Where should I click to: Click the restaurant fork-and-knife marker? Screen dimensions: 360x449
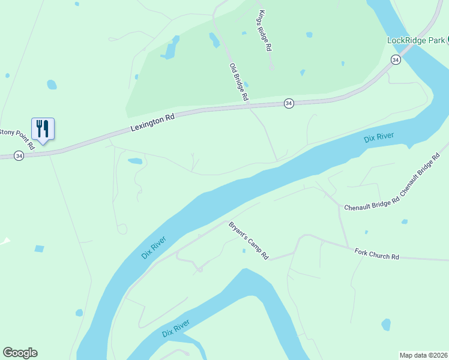(x=43, y=128)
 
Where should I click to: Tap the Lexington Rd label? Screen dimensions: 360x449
(x=152, y=123)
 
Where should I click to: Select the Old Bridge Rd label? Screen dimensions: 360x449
(x=238, y=82)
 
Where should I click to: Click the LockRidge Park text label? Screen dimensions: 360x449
(x=415, y=40)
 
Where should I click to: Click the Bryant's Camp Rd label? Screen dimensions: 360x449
(x=248, y=241)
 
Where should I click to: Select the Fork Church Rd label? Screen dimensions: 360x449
(x=377, y=254)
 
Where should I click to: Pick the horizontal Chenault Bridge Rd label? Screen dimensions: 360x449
(x=372, y=207)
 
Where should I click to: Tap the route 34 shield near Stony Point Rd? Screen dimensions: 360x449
(x=20, y=156)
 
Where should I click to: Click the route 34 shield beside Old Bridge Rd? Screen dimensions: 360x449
(x=289, y=104)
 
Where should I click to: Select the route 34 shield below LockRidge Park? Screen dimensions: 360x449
(x=395, y=59)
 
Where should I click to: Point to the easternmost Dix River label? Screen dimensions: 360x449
(x=379, y=137)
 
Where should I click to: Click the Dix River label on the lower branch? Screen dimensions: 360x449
(x=175, y=329)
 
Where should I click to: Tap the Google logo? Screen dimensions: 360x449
(x=20, y=353)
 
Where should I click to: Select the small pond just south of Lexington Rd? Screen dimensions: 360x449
(x=135, y=161)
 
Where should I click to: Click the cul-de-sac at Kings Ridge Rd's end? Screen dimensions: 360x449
(x=271, y=67)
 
